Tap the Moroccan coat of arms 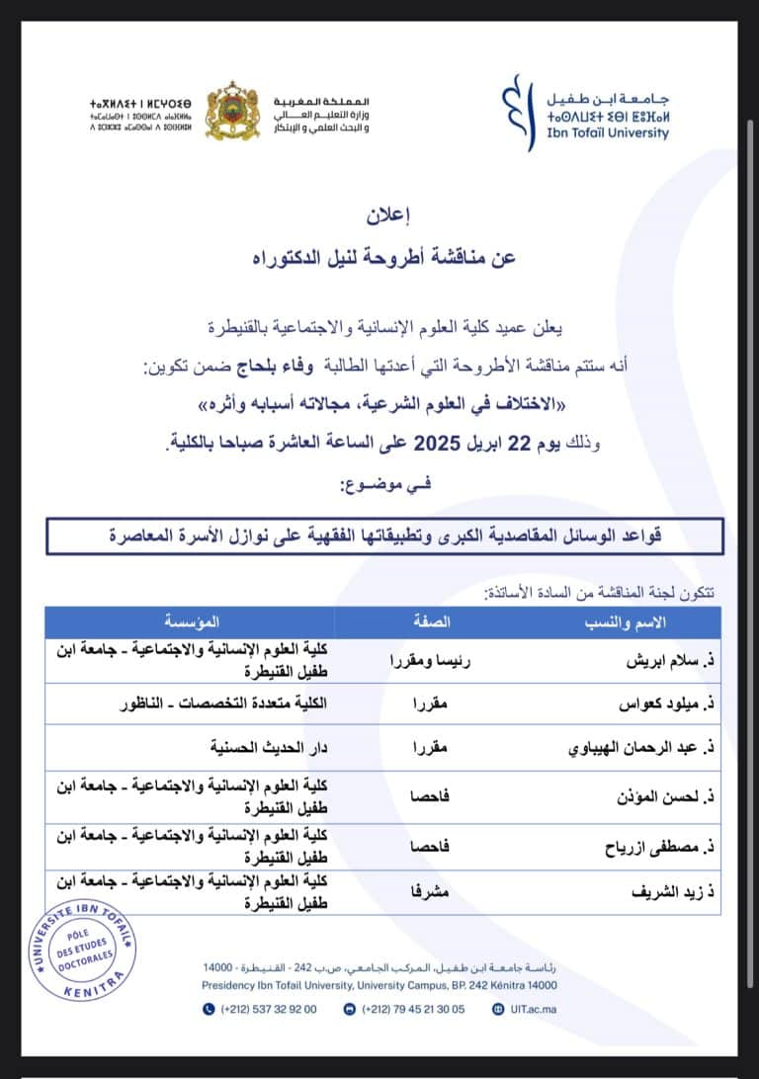click(232, 110)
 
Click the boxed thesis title click(383, 539)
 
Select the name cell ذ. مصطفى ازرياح click(659, 847)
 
